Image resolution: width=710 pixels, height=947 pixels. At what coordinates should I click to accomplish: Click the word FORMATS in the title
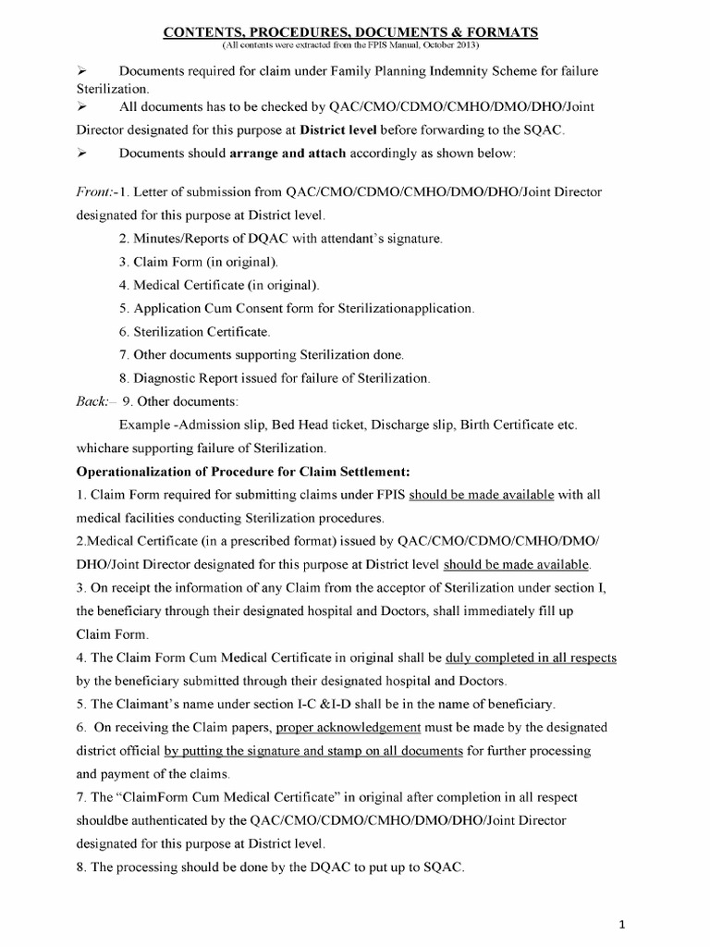click(503, 32)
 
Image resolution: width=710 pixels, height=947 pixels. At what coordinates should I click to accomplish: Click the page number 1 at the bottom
click(676, 923)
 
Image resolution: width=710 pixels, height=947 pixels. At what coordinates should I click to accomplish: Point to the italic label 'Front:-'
click(94, 192)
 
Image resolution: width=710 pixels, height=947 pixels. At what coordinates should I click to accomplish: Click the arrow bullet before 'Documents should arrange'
click(80, 153)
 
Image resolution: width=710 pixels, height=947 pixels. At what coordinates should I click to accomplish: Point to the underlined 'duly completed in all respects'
click(531, 658)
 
